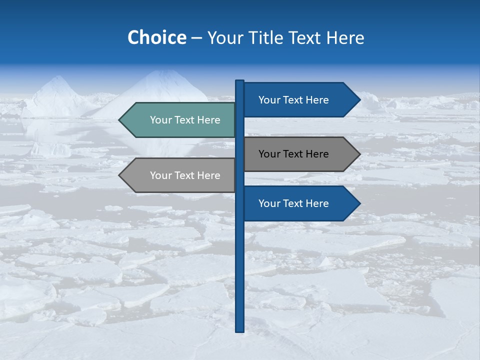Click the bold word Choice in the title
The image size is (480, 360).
pyautogui.click(x=156, y=37)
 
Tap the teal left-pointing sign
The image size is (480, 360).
pyautogui.click(x=180, y=120)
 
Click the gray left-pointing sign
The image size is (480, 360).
pyautogui.click(x=180, y=175)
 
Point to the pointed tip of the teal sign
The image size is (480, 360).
pyautogui.click(x=120, y=120)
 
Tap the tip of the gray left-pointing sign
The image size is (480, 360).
pyautogui.click(x=120, y=175)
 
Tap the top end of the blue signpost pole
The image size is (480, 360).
pyautogui.click(x=239, y=81)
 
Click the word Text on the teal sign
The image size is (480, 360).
pyautogui.click(x=185, y=120)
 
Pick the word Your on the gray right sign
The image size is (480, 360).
pyautogui.click(x=269, y=154)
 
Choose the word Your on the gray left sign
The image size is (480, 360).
pyautogui.click(x=160, y=175)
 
